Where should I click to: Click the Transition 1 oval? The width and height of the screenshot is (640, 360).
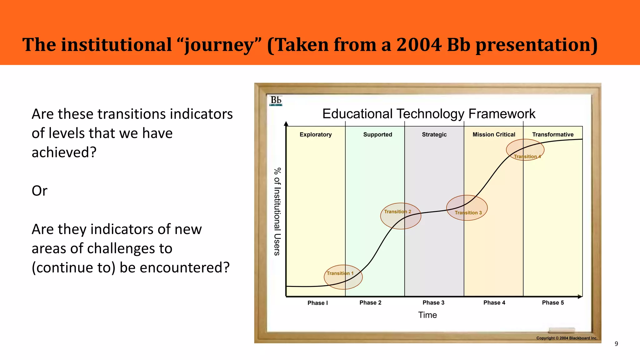point(343,277)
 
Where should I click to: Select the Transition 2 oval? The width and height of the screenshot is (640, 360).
point(401,216)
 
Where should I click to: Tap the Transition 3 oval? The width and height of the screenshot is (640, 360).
point(467,208)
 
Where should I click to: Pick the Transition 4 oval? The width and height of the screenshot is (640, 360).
point(525,150)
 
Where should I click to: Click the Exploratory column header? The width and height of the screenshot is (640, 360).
point(316,134)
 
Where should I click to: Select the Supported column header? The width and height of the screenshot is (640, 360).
point(377,134)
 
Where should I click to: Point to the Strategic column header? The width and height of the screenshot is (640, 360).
point(434,134)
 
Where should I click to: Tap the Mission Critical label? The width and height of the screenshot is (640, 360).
point(494,134)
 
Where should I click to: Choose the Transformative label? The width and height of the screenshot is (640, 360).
point(553,134)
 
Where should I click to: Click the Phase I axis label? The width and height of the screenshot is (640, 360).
point(317,303)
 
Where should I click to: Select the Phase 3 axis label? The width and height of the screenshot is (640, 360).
point(433,302)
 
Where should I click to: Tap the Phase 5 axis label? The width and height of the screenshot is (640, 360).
point(553,302)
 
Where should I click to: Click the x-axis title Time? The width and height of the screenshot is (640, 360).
point(427,315)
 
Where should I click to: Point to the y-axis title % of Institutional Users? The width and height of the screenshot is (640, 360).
point(277,212)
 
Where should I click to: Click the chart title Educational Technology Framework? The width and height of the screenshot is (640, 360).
point(429,114)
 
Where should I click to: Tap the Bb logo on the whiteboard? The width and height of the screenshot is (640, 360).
point(276,101)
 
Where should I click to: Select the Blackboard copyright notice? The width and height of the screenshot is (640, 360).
point(567,338)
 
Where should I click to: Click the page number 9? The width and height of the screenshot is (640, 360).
point(616,344)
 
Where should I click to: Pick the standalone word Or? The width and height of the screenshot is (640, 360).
point(39,191)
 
